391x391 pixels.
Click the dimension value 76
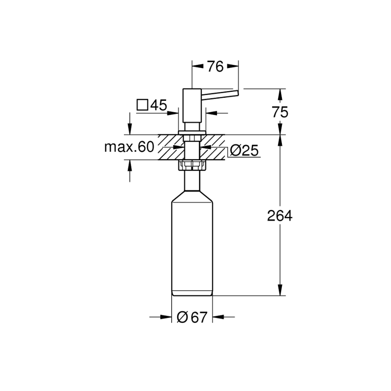point(215,67)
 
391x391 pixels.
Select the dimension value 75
point(280,112)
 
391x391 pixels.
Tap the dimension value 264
point(280,216)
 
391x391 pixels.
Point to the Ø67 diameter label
point(192,318)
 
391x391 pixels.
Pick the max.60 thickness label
point(129,147)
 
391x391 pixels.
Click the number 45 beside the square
point(158,105)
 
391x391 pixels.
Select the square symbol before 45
point(142,105)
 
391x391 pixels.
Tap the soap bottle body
point(192,248)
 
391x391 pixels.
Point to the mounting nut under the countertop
point(192,165)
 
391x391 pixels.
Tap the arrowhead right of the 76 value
point(232,67)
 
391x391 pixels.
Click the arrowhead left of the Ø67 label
point(167,318)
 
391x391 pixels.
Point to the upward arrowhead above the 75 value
point(280,95)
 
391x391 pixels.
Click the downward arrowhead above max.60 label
point(130,129)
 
